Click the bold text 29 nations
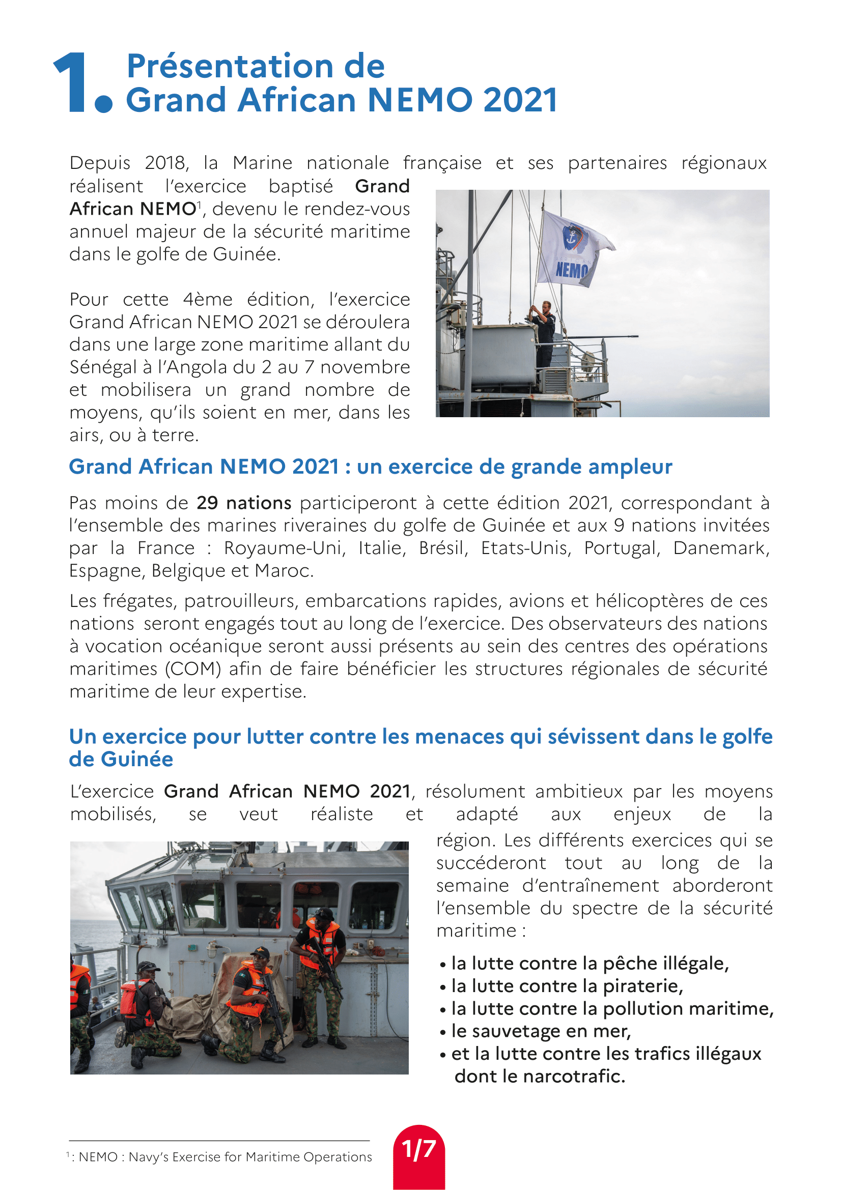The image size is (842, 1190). click(x=244, y=503)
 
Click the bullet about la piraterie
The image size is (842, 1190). click(x=567, y=986)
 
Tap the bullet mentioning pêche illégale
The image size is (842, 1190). click(x=590, y=963)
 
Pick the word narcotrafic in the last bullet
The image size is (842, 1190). click(x=573, y=1076)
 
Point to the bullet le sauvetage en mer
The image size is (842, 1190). click(x=541, y=1031)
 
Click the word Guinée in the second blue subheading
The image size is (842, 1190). click(x=137, y=759)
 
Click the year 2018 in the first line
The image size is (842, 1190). click(x=165, y=163)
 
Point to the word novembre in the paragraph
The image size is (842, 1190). click(x=365, y=367)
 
